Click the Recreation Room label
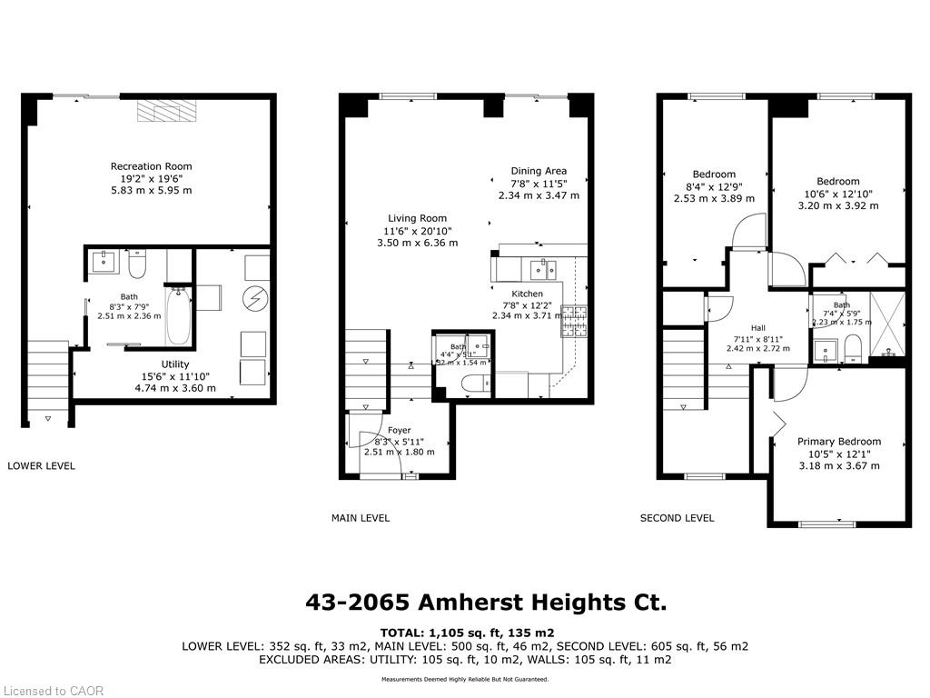click(x=151, y=166)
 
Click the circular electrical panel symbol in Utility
click(x=256, y=297)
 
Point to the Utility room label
click(x=175, y=364)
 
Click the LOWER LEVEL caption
click(x=41, y=465)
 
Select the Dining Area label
click(x=539, y=171)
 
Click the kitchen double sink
click(x=544, y=267)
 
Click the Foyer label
click(x=399, y=430)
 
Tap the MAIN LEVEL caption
click(x=361, y=518)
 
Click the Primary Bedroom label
click(x=838, y=442)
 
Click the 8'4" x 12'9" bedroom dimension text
click(x=714, y=186)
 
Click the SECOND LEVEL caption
click(x=677, y=518)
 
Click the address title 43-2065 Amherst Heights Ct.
click(x=484, y=603)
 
